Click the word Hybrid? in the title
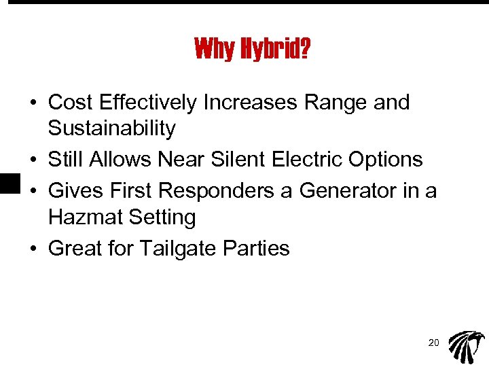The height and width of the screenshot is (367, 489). coord(274,50)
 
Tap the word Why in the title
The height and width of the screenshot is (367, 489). coord(214,49)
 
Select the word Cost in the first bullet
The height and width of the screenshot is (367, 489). coord(71,103)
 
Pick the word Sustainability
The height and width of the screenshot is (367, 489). coord(112,128)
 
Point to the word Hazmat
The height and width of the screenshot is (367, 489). coord(83,217)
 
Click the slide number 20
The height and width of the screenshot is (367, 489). coord(433,343)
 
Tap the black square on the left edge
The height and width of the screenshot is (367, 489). coord(7,184)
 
